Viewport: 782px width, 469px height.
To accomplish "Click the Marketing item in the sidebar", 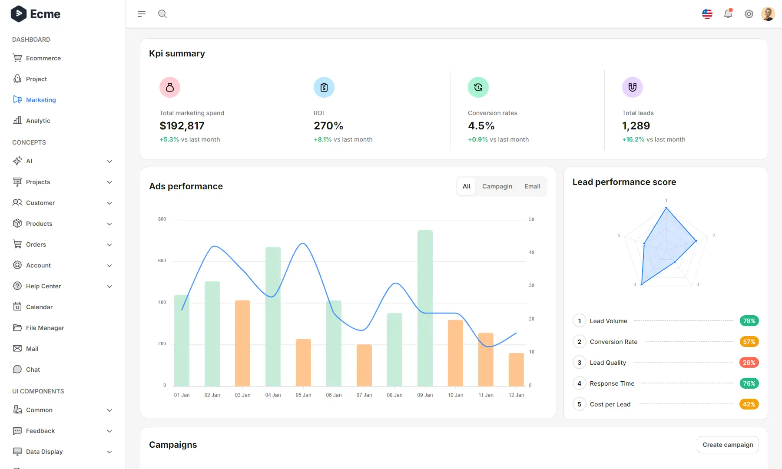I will (x=40, y=100).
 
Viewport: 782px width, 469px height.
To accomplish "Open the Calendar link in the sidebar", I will (x=39, y=307).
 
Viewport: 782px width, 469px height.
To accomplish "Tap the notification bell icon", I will (x=728, y=14).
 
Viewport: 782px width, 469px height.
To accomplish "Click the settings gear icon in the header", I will (x=749, y=14).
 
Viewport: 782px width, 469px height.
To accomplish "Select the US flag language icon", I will (x=707, y=14).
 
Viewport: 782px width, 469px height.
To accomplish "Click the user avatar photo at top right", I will (x=768, y=14).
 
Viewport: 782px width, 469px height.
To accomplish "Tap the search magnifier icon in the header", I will (x=162, y=14).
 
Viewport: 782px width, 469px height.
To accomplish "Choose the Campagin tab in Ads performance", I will (x=497, y=186).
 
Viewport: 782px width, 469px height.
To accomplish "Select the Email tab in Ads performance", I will (x=532, y=186).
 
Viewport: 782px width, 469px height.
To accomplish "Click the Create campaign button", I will (x=728, y=445).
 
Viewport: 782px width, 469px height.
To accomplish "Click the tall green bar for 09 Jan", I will (x=425, y=308).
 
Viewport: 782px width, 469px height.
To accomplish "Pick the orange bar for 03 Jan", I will (x=242, y=343).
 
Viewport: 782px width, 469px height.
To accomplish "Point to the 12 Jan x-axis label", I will (x=516, y=395).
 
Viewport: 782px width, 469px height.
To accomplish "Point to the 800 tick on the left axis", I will (x=162, y=219).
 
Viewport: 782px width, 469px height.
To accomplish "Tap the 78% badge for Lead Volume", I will (x=749, y=321).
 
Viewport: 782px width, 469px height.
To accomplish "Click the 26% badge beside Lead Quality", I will (x=749, y=363).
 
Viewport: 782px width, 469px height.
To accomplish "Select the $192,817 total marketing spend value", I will (x=182, y=126).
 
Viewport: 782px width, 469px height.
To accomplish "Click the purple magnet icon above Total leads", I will (x=633, y=87).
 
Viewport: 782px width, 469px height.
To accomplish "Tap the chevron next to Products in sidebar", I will (x=109, y=224).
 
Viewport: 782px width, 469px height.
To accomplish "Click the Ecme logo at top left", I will (x=36, y=14).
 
